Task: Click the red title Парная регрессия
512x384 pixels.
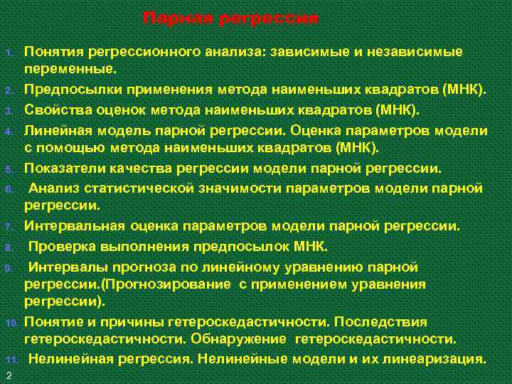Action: [x=230, y=17]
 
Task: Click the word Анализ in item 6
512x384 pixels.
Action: [x=53, y=188]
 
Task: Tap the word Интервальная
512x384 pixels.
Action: [x=75, y=226]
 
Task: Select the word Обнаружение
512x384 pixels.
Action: [x=243, y=338]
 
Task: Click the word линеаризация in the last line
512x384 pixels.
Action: [x=439, y=358]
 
